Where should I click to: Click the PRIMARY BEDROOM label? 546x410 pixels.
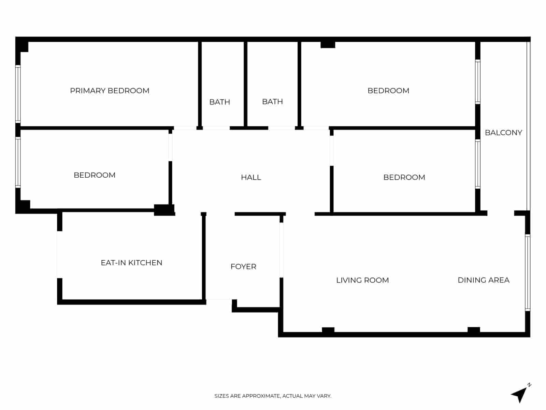click(x=110, y=91)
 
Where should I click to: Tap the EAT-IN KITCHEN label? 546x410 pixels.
click(x=131, y=263)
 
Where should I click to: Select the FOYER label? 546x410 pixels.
click(x=243, y=266)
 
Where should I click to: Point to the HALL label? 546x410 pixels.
click(x=251, y=177)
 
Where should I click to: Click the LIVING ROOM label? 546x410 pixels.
click(x=362, y=280)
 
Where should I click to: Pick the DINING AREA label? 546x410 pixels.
click(x=483, y=280)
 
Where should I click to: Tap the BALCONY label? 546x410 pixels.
click(x=503, y=133)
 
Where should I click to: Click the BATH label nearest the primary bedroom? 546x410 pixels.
click(x=219, y=102)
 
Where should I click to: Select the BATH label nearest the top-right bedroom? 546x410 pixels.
click(x=272, y=101)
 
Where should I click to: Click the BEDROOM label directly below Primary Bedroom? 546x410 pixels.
click(x=95, y=175)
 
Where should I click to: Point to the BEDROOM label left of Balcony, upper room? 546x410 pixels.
click(x=388, y=91)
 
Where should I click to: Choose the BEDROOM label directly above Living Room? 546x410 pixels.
click(x=404, y=177)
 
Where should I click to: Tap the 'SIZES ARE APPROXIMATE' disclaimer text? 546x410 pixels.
click(x=273, y=396)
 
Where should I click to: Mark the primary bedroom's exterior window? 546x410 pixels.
click(x=18, y=94)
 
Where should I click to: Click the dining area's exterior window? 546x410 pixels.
click(x=528, y=272)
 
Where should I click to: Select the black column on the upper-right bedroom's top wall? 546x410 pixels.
click(x=328, y=44)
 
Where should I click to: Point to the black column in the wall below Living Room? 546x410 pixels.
click(x=328, y=330)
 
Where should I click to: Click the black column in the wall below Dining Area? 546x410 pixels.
click(x=474, y=330)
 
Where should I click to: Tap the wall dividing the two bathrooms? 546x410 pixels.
click(x=245, y=84)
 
